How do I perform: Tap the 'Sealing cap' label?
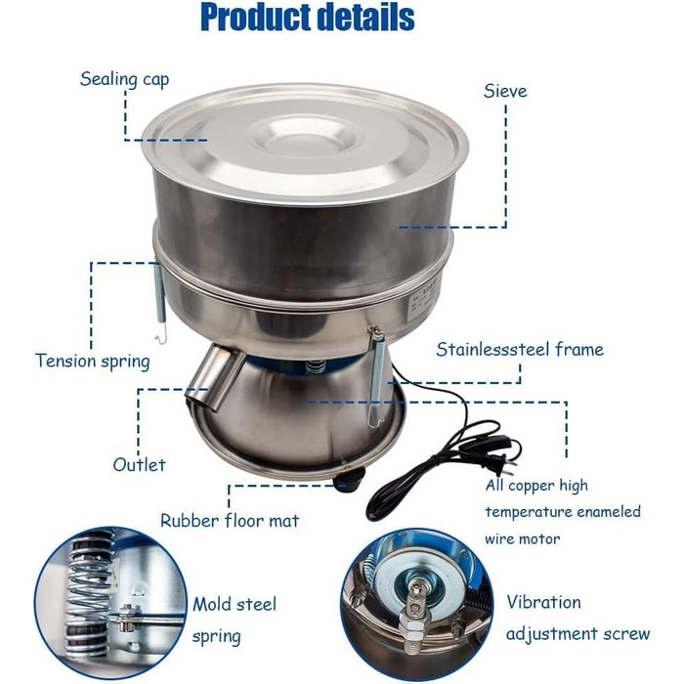125,79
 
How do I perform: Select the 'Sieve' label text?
505,91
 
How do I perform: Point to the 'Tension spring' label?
93,362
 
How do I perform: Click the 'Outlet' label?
139,464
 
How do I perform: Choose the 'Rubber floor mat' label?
230,521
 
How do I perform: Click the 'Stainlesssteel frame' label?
520,350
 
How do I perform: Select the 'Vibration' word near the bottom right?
543,603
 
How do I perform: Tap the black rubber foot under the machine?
349,481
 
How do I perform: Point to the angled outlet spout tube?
215,375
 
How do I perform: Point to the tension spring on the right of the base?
375,377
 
